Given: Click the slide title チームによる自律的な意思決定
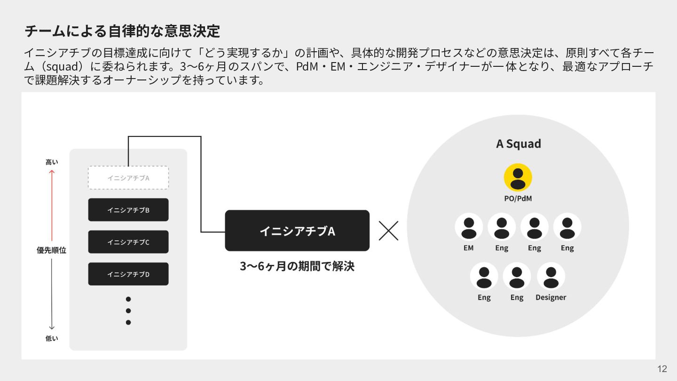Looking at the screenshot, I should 122,31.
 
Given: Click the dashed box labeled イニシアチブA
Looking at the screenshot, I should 128,178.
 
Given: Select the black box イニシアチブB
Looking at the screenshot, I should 128,210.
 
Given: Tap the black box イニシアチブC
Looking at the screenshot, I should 128,242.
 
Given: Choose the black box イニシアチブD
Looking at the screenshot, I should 128,274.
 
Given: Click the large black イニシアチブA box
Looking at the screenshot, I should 297,230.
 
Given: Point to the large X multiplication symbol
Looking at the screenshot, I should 388,230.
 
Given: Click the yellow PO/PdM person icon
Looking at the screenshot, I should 518,177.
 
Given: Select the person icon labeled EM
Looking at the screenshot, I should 468,227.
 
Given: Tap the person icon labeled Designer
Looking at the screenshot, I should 551,276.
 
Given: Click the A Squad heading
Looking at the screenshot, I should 518,143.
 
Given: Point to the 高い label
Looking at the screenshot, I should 52,162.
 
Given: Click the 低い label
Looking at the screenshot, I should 52,338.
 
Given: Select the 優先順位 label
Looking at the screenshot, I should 52,250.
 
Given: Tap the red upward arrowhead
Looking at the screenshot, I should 52,172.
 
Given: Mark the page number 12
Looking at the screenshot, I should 662,369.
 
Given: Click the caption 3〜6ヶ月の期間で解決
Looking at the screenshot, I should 297,266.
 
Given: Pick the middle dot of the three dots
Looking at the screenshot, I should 128,310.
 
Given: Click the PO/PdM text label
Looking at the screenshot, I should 518,198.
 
